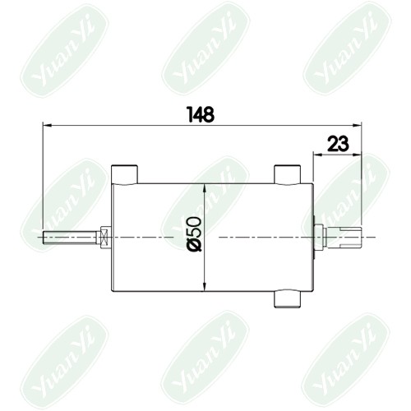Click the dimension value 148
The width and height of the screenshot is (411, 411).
coord(201,114)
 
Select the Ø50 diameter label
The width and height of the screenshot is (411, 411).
coord(196,233)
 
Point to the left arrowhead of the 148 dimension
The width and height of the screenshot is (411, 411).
coord(47,125)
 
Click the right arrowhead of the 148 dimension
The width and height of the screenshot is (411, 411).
coord(358,125)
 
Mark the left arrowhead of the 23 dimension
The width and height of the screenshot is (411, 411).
coord(317,155)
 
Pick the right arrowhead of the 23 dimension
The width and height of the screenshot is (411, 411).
coord(358,155)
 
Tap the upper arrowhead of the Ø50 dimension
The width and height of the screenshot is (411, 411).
coord(205,188)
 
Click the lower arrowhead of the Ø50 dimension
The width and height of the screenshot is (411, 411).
coord(205,287)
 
